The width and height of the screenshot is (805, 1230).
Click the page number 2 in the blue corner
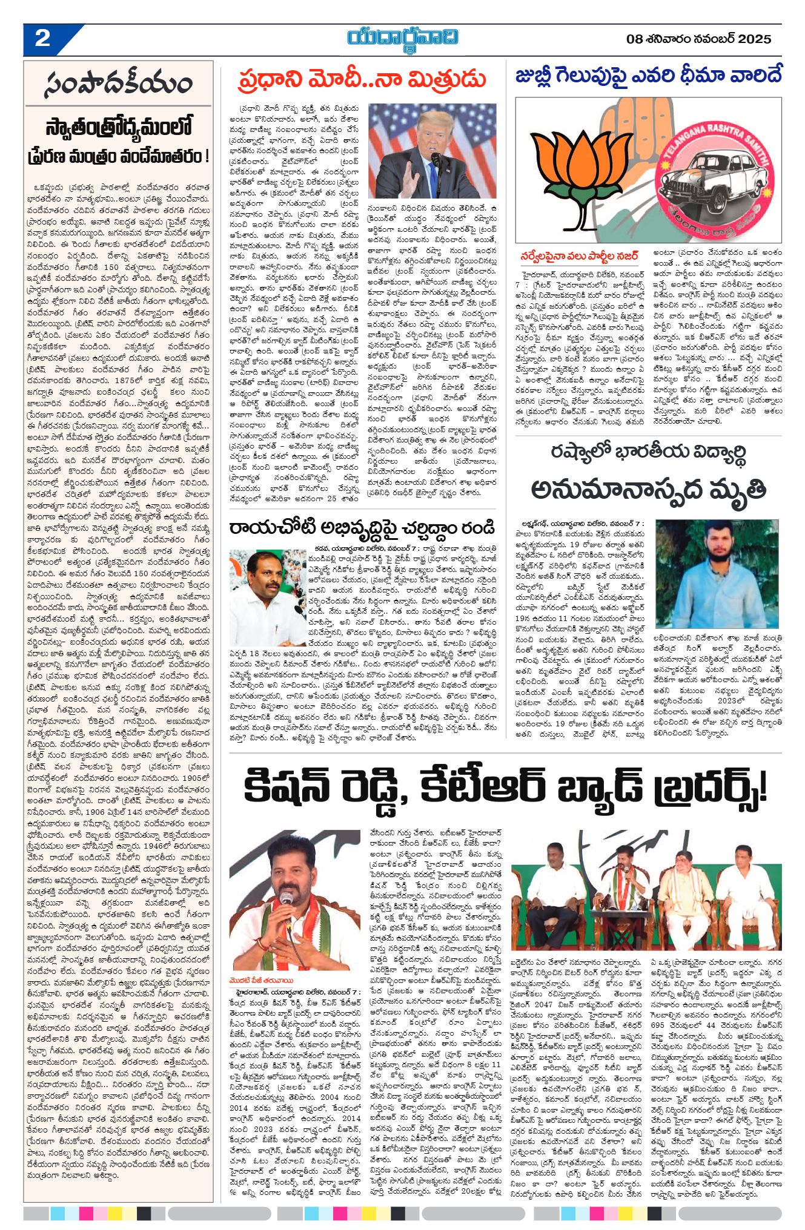point(42,39)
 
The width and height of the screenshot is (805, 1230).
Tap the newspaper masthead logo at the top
point(402,38)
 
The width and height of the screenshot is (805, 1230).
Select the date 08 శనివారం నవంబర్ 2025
point(699,39)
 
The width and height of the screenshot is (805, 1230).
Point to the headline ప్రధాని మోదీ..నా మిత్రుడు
point(362,79)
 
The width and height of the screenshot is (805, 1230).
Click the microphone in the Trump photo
point(436,160)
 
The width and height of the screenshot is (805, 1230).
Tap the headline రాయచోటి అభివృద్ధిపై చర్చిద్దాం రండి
point(362,527)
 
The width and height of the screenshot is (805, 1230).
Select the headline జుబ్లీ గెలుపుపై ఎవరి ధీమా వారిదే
point(648,76)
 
